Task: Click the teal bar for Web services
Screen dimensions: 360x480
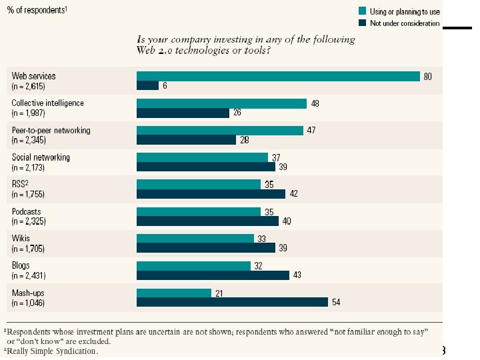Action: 278,76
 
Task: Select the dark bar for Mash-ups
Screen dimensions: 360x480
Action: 232,302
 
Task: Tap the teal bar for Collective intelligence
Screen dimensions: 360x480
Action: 221,103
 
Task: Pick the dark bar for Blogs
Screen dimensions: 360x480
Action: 213,275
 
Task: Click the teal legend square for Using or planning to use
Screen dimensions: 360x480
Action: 363,11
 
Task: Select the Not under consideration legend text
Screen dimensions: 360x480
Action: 405,23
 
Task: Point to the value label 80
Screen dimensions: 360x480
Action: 427,77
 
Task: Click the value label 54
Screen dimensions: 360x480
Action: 336,303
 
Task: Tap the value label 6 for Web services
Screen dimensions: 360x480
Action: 165,85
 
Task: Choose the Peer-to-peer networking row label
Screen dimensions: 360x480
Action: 51,130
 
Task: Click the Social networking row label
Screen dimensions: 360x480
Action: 41,157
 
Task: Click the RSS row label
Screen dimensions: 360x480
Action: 21,185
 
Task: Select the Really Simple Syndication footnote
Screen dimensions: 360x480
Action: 53,351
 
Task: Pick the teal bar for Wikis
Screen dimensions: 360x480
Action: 195,239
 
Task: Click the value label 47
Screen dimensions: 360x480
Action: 311,130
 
